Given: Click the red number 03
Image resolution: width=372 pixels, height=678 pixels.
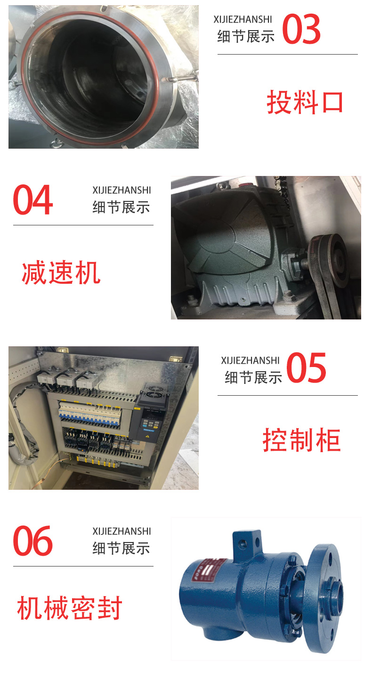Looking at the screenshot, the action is pos(301,29).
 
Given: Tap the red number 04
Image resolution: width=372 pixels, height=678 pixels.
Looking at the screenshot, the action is pos(32,200).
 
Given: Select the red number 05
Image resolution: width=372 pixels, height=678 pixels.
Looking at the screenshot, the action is pos(306,367).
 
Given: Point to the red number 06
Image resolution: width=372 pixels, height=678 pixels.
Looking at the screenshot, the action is pos(32,541).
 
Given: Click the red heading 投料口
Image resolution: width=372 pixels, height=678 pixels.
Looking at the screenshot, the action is pos(305,102).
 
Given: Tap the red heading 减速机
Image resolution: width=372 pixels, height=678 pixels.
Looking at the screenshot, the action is pos(61,273).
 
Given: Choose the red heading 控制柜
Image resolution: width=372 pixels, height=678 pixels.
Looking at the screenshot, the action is pos(302,440).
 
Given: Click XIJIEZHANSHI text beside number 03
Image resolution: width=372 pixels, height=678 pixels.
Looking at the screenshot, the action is pos(243,20).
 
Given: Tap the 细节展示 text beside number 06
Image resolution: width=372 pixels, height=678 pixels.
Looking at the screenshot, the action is pos(121,549).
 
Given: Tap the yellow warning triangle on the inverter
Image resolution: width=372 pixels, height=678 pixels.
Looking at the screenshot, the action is pos(147,436).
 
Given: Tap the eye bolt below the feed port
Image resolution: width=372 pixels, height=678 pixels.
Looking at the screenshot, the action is pos(56,143).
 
